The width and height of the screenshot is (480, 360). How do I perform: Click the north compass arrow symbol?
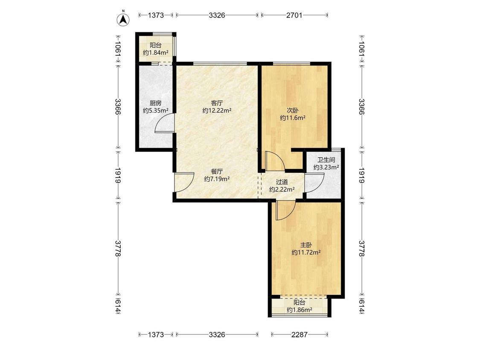pyautogui.click(x=123, y=19)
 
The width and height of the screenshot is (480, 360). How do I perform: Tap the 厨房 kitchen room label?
pyautogui.click(x=155, y=103)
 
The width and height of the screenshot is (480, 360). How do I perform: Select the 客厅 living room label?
pyautogui.click(x=217, y=103)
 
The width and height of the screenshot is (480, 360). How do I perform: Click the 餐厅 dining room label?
pyautogui.click(x=217, y=171)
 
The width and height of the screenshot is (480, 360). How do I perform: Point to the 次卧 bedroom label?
pyautogui.click(x=293, y=110)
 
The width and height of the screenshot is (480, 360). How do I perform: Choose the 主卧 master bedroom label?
pyautogui.click(x=306, y=245)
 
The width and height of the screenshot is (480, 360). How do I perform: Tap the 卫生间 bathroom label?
pyautogui.click(x=326, y=160)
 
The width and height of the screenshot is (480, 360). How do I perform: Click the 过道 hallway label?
pyautogui.click(x=282, y=182)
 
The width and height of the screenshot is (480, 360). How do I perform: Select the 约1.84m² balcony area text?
pyautogui.click(x=156, y=52)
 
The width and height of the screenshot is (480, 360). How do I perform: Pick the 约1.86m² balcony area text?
pyautogui.click(x=300, y=310)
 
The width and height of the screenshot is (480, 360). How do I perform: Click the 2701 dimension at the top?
pyautogui.click(x=294, y=15)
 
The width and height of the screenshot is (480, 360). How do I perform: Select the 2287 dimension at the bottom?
pyautogui.click(x=299, y=334)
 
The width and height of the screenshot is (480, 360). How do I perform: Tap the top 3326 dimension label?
pyautogui.click(x=217, y=15)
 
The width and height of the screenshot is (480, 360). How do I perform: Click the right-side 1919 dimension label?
pyautogui.click(x=361, y=175)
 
